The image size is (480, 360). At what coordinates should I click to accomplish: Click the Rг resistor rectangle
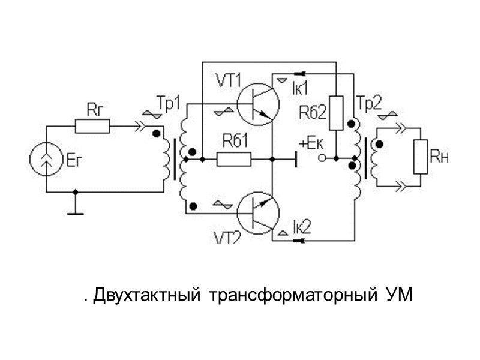[92, 125]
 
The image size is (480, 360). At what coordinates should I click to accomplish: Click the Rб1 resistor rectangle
[234, 159]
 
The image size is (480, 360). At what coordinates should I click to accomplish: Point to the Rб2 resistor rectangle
[337, 112]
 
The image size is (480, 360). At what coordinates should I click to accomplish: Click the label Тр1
[167, 103]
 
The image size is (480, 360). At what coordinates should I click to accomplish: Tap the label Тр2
[369, 103]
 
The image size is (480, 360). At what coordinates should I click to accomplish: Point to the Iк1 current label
[299, 88]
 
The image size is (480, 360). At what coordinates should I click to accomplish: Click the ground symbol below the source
[75, 211]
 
